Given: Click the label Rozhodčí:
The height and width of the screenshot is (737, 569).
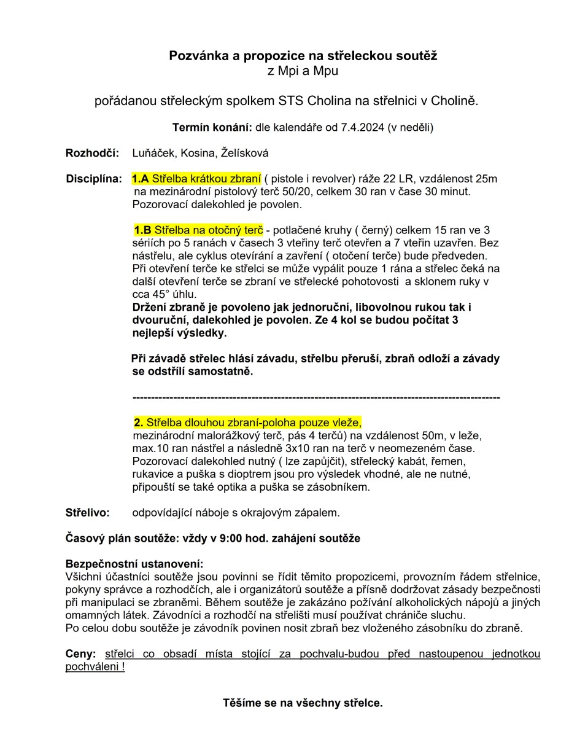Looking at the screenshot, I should coord(92,153).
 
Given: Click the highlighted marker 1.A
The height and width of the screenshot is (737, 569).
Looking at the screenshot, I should coord(141,179).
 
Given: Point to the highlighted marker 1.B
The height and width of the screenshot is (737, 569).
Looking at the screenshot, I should coord(143,230).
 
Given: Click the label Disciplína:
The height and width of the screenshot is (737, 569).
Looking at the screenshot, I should coord(94,179).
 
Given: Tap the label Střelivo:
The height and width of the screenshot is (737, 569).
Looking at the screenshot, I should coord(88,512).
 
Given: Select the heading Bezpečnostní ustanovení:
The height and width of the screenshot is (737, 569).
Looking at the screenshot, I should coord(134,564).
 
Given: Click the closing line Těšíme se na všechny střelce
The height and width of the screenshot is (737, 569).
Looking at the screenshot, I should coord(303,703).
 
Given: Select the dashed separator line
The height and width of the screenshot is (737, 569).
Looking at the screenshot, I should coord(315,398).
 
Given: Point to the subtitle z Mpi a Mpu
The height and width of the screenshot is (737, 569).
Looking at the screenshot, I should coord(303,71).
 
